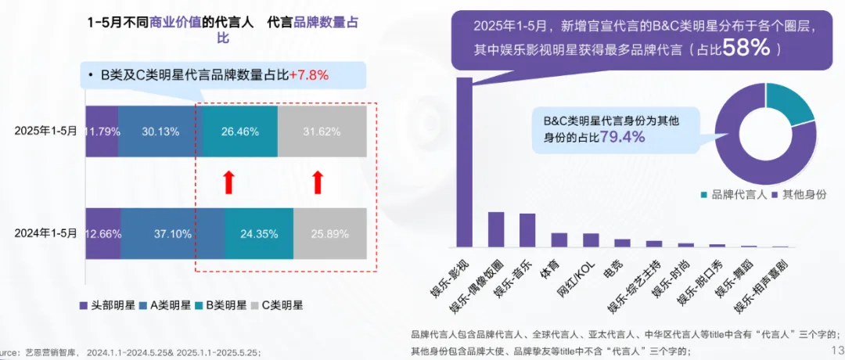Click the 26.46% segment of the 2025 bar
239,131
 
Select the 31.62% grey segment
322,131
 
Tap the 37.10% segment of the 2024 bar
172,233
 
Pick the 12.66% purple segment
102,233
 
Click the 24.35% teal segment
258,233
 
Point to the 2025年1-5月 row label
45,131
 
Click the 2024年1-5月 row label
45,233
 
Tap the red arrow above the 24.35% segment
228,182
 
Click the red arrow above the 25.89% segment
317,182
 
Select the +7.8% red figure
309,75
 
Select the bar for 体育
559,239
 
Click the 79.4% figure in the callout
621,137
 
